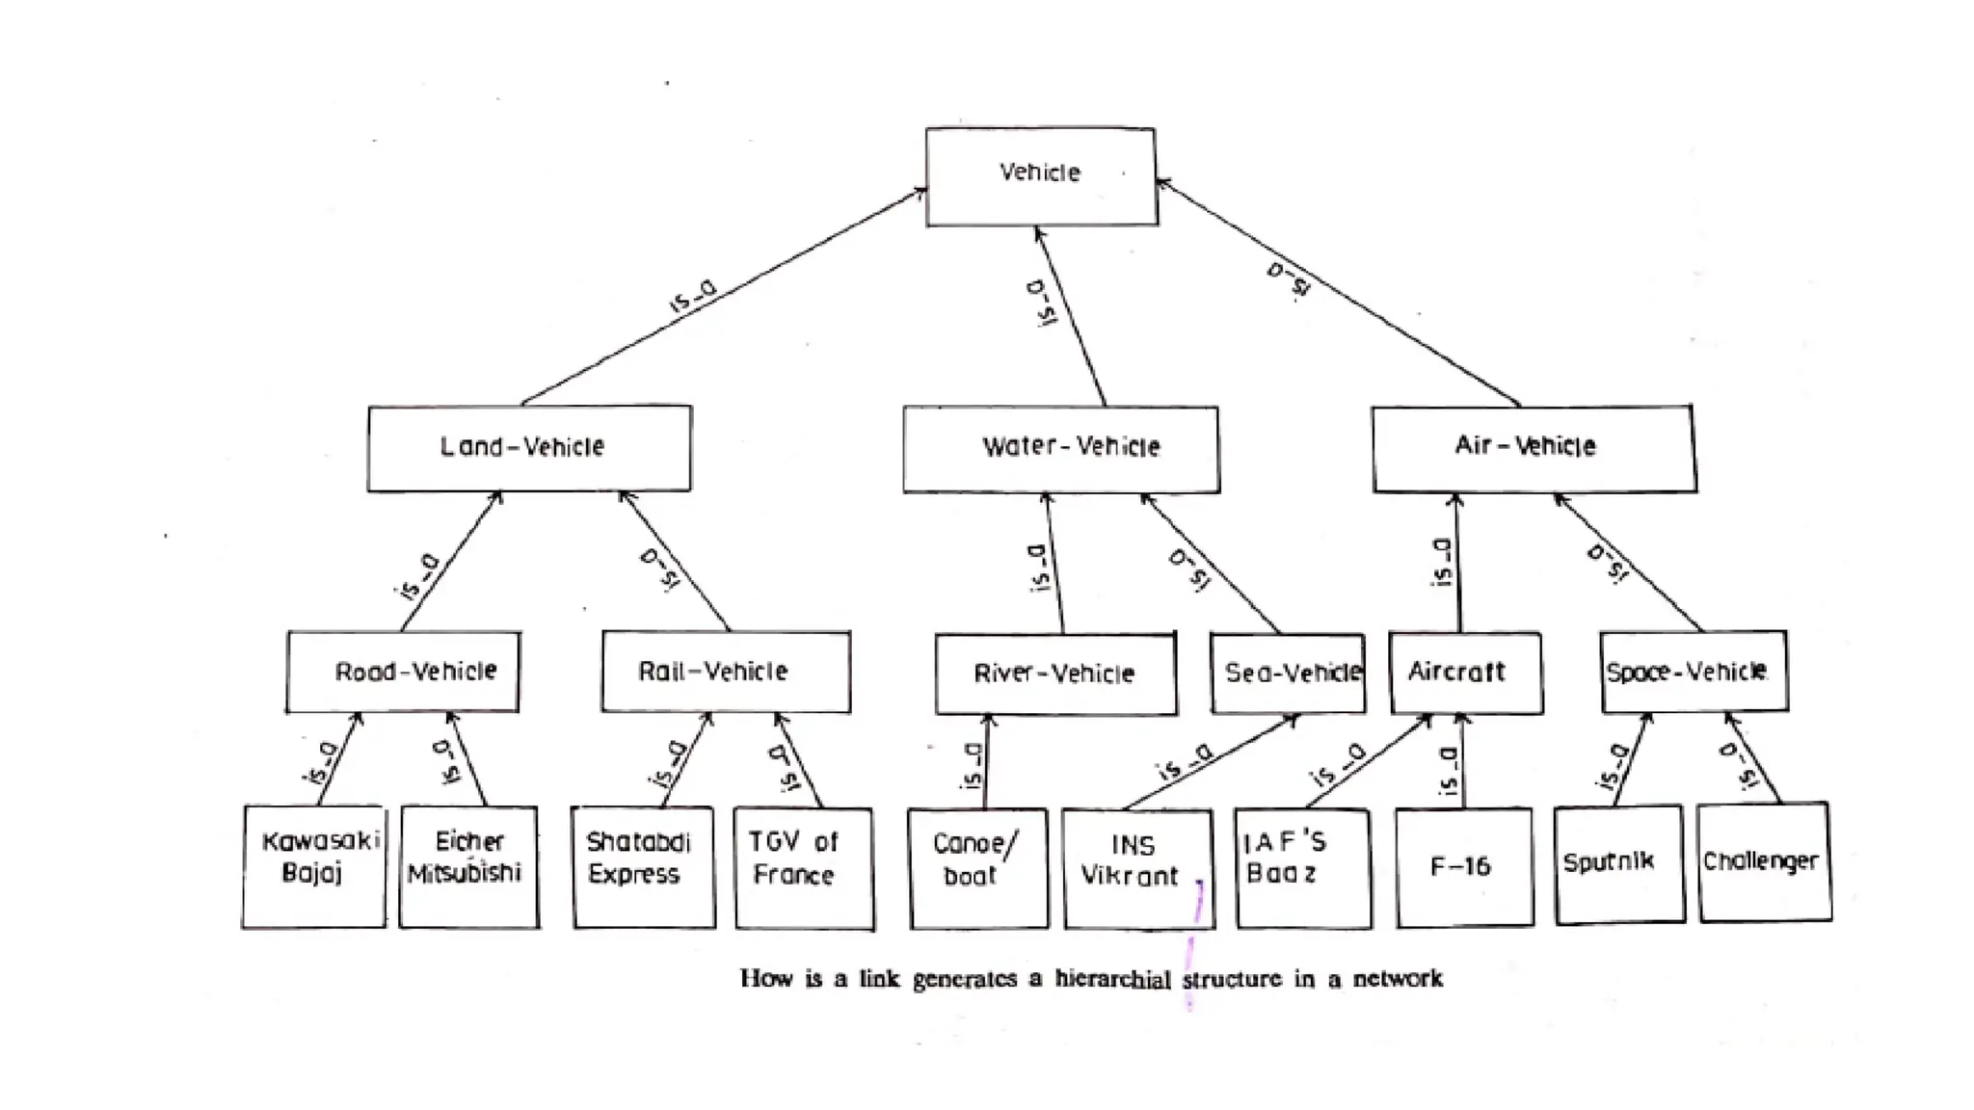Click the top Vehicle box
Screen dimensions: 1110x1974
click(1041, 176)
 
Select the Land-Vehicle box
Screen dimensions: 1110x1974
click(529, 448)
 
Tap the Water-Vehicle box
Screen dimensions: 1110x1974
click(1061, 449)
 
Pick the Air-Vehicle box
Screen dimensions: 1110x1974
click(1534, 448)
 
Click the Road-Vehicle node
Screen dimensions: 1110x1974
click(403, 672)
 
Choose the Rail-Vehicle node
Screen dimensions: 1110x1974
click(726, 672)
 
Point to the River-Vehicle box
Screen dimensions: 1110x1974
click(1055, 674)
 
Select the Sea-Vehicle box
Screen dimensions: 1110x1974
click(1288, 674)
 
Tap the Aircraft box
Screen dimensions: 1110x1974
click(1465, 673)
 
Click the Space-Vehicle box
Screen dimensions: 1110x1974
click(1694, 672)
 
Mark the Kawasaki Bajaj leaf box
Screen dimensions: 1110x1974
click(313, 866)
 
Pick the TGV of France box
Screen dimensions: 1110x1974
click(803, 868)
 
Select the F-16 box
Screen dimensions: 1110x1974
click(1463, 867)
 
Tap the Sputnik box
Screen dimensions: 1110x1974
click(1618, 863)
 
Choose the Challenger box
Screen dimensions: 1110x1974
click(1764, 861)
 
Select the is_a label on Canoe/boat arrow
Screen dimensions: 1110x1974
click(973, 766)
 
